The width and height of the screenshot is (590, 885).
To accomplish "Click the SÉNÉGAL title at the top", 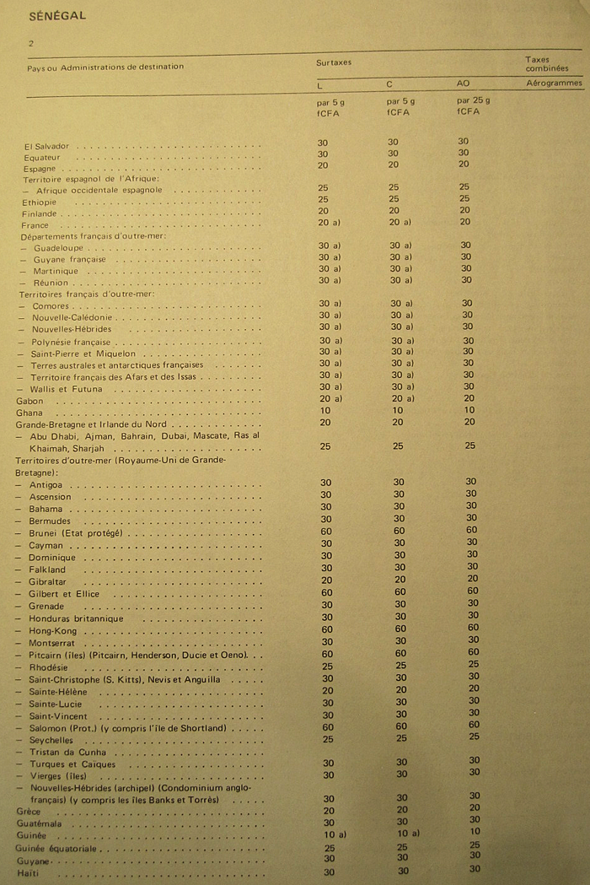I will coord(57,15).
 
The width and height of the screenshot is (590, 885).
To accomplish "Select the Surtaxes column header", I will coord(334,62).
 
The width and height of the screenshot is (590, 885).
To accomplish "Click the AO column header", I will coord(463,84).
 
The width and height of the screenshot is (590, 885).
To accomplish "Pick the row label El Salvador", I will coord(47,147).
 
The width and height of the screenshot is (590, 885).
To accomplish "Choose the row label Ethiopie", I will coord(40,202).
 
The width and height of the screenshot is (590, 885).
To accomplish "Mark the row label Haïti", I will coord(28,873).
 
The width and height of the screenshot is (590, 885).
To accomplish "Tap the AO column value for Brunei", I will coord(472,530).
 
